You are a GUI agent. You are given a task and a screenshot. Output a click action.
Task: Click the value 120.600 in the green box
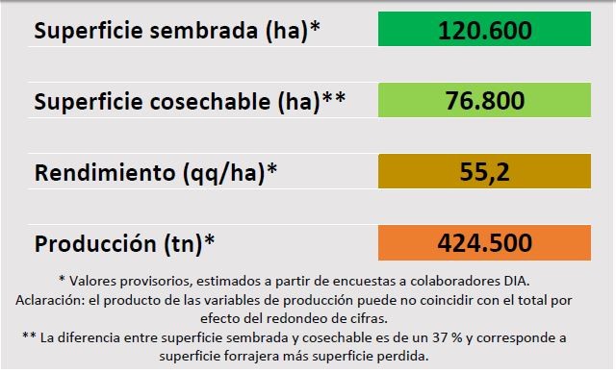pyautogui.click(x=485, y=30)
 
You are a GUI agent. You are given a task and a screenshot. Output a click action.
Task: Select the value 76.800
pyautogui.click(x=485, y=100)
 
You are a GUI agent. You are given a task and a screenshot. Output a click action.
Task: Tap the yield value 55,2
pyautogui.click(x=485, y=172)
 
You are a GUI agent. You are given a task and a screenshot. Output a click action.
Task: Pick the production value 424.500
pyautogui.click(x=485, y=243)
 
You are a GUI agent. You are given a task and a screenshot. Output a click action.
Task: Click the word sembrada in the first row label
pyautogui.click(x=203, y=30)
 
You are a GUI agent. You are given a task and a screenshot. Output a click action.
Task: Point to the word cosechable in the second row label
pyautogui.click(x=210, y=101)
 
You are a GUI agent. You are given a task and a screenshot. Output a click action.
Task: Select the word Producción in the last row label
pyautogui.click(x=95, y=243)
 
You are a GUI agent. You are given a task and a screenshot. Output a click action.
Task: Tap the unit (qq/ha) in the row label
pyautogui.click(x=224, y=173)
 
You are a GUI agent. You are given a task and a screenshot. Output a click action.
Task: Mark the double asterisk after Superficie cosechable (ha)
pyautogui.click(x=334, y=97)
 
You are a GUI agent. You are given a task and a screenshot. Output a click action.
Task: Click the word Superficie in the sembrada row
pyautogui.click(x=89, y=30)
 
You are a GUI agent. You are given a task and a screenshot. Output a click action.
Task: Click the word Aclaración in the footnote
pyautogui.click(x=49, y=300)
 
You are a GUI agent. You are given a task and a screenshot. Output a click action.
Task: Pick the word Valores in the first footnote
pyautogui.click(x=92, y=281)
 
